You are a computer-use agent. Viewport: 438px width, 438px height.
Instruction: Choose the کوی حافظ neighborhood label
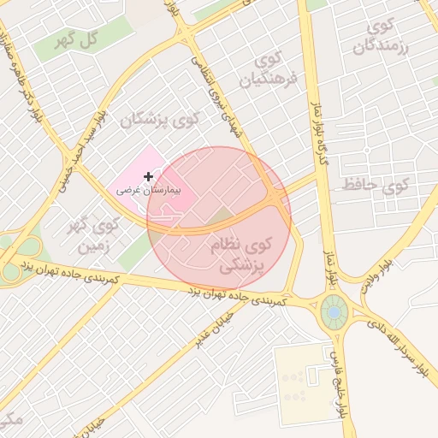click(376, 183)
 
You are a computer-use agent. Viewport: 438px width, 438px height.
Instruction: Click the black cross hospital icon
click(148, 175)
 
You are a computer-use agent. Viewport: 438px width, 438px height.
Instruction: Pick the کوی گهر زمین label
click(96, 237)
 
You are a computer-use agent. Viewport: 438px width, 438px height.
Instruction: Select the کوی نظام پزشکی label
click(240, 256)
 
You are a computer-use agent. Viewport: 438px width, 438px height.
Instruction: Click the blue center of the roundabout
click(334, 313)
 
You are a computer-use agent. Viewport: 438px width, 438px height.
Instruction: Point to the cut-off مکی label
click(9, 419)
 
